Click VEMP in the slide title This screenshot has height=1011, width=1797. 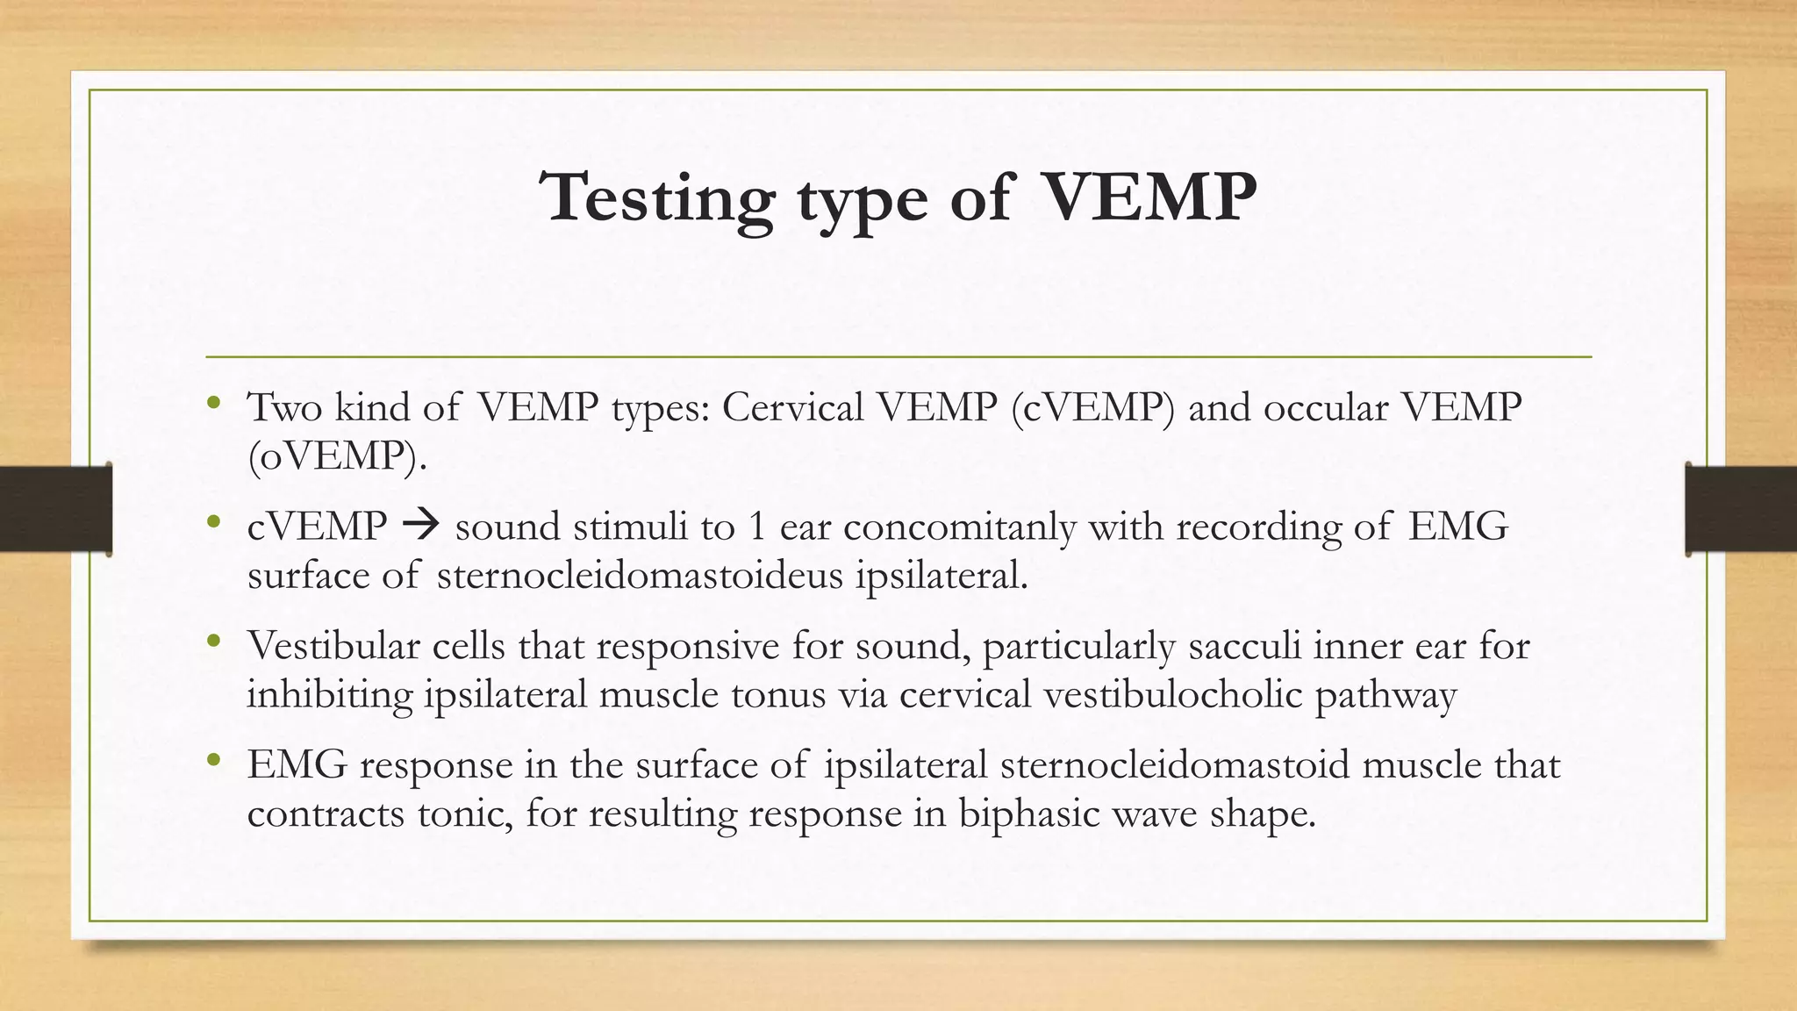tap(1149, 197)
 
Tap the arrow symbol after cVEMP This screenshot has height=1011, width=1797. tap(421, 527)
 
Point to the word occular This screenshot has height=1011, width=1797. tap(1327, 407)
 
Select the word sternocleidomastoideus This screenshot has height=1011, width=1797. tap(640, 576)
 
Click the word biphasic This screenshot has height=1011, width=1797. tap(1027, 814)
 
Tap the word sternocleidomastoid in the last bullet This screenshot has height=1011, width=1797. tap(1174, 764)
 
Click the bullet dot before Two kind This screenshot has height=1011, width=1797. tap(213, 404)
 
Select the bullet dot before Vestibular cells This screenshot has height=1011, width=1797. tap(213, 642)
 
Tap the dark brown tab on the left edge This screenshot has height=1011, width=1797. tap(55, 509)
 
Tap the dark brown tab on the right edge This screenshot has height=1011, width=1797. tap(1741, 509)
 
